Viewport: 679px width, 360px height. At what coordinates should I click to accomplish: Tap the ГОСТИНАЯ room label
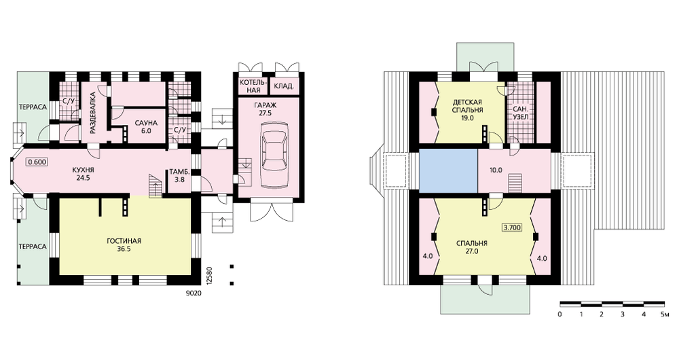(124, 241)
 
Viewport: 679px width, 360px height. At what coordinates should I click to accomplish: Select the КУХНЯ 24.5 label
(83, 174)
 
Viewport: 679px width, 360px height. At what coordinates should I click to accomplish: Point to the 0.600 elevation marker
(37, 162)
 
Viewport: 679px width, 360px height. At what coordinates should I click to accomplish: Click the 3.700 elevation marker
(511, 227)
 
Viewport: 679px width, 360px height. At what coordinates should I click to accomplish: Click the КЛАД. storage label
(284, 86)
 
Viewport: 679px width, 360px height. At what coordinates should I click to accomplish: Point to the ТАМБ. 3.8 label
(177, 174)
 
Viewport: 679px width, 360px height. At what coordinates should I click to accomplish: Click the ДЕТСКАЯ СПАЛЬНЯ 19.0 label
(468, 110)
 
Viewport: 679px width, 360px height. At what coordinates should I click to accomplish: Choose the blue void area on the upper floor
(448, 170)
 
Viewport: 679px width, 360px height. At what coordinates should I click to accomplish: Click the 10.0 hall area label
(496, 170)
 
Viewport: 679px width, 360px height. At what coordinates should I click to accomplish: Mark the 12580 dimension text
(209, 275)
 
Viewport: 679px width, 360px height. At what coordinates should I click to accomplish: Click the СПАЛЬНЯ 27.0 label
(472, 247)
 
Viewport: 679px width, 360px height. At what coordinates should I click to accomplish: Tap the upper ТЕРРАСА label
(33, 107)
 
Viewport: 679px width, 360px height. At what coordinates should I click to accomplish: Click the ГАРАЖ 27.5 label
(265, 109)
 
